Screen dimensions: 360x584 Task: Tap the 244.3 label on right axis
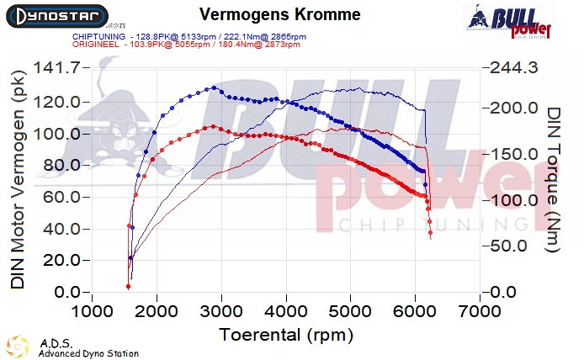coord(512,69)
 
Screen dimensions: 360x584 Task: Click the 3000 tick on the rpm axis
coord(221,312)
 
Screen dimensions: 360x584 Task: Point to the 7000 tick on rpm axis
coord(480,312)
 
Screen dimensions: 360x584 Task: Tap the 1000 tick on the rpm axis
coord(93,312)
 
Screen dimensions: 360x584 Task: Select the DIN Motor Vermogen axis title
coord(19,181)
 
